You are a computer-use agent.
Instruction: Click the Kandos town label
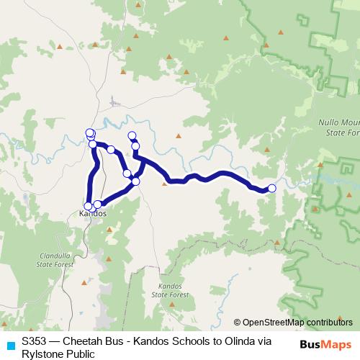pyautogui.click(x=93, y=214)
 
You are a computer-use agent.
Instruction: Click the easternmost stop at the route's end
pyautogui.click(x=271, y=189)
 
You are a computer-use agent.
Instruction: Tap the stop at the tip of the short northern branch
pyautogui.click(x=132, y=135)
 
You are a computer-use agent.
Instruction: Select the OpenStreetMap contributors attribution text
pyautogui.click(x=298, y=323)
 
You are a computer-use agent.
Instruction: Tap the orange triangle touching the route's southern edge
pyautogui.click(x=165, y=184)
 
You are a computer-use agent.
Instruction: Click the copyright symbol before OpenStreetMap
pyautogui.click(x=238, y=323)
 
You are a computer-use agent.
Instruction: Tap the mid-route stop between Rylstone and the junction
pyautogui.click(x=111, y=150)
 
